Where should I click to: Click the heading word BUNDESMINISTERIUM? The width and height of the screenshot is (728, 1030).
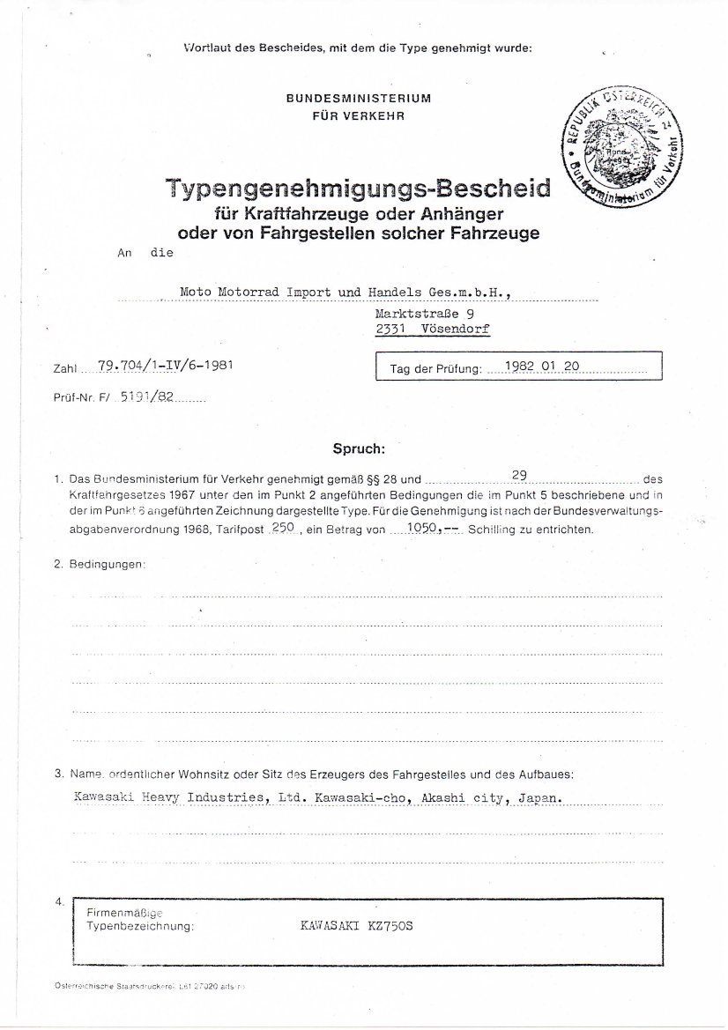[359, 99]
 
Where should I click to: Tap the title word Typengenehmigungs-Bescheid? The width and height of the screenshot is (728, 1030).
[357, 189]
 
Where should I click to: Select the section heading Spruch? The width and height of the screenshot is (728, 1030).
[359, 448]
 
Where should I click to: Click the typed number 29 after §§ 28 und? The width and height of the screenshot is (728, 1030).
[519, 476]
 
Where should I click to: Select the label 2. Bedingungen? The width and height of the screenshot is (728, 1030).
[100, 563]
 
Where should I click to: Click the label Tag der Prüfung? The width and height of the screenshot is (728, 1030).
[435, 371]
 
